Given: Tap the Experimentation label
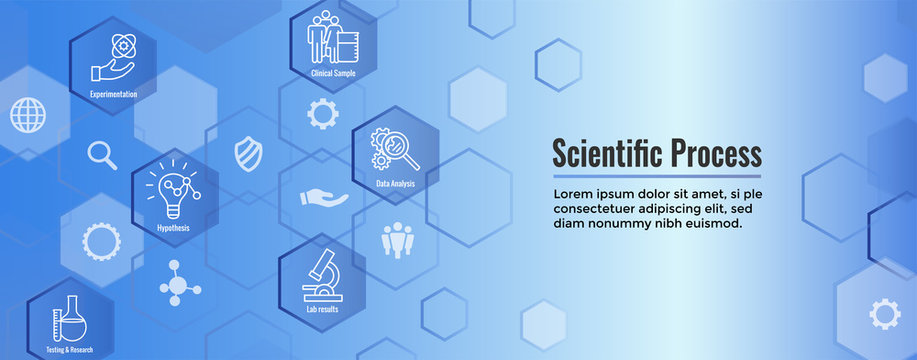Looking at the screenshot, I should point(113,94).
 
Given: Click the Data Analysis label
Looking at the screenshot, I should point(395,184).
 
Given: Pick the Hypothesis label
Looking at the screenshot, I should point(173,228).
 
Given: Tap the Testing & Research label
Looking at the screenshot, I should point(70,349).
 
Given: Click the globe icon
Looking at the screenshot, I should point(28,114).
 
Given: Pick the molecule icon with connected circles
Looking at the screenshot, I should point(180,283).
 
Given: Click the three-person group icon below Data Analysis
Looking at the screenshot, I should point(397,238).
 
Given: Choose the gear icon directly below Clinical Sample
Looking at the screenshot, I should point(322,113).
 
